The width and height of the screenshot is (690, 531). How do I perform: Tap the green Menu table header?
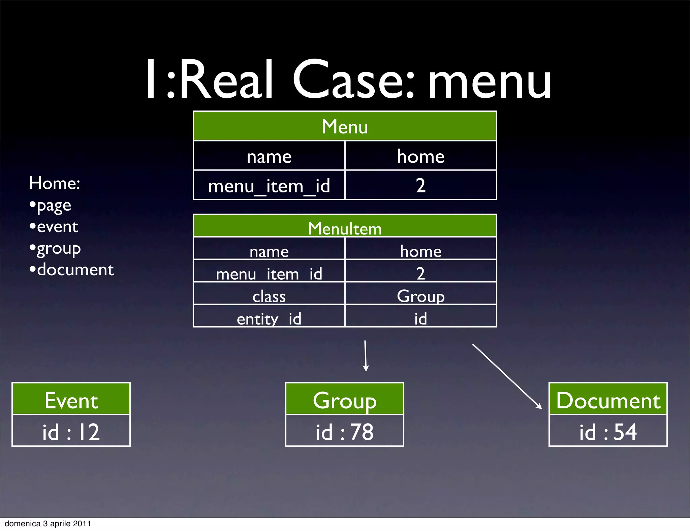pos(345,126)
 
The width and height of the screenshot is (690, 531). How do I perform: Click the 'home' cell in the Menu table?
pos(420,156)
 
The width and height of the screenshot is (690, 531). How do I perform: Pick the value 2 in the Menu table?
pos(420,185)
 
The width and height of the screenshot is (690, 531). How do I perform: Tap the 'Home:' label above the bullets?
pos(54,183)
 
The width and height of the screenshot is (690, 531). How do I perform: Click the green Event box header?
pos(71,400)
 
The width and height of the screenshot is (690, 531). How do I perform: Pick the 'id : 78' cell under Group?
pos(344,431)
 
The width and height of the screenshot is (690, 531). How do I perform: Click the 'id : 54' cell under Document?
pos(608,431)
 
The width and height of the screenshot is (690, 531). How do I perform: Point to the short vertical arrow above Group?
pos(366,355)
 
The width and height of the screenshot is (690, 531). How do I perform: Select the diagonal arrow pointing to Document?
pos(507,376)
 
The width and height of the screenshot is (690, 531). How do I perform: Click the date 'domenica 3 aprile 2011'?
pos(48,524)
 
